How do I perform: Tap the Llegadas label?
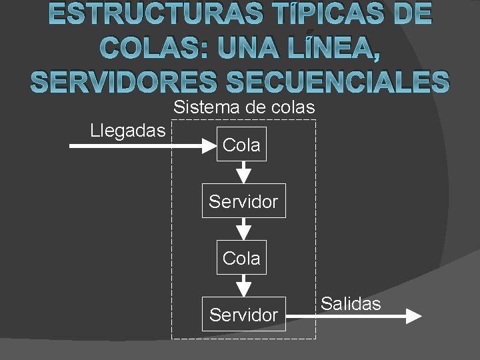click(127, 130)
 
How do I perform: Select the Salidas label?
click(351, 304)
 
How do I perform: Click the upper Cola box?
click(241, 145)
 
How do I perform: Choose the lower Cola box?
click(241, 257)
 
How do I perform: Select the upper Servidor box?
click(243, 201)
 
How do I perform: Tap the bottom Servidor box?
click(243, 314)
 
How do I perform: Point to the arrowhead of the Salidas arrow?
click(413, 315)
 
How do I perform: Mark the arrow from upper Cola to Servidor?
click(245, 172)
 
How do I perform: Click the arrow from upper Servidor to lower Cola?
click(245, 229)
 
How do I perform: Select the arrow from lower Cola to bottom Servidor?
click(245, 285)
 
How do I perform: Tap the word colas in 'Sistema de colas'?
click(291, 107)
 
